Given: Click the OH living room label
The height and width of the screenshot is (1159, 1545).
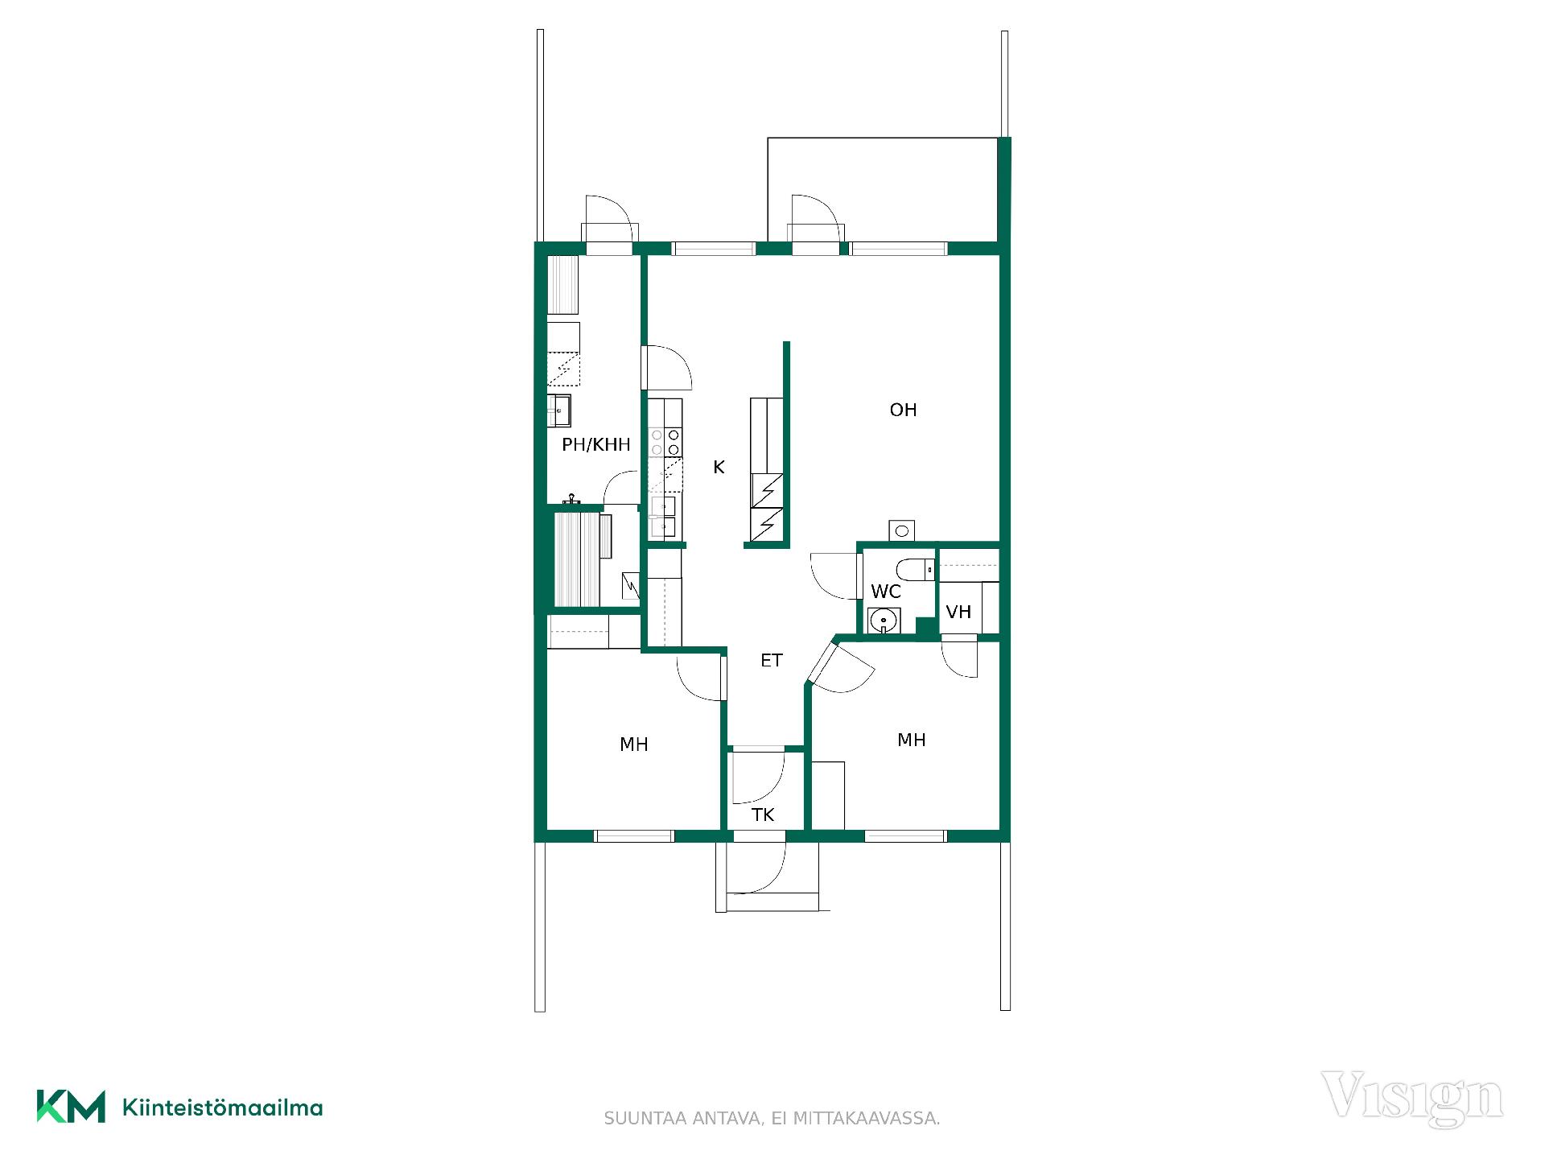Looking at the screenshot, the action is [x=903, y=410].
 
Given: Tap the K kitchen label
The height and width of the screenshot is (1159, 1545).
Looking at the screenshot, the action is [x=719, y=467].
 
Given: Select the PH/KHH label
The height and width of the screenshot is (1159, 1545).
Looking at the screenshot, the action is [x=595, y=444].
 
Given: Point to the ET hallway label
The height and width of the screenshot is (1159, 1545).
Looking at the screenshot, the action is [x=771, y=661].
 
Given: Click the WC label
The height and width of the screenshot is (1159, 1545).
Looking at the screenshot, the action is [x=885, y=592].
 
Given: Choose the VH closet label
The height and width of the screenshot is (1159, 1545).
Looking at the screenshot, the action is [x=958, y=612].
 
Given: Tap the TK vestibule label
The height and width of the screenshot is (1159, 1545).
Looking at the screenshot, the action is [x=763, y=815].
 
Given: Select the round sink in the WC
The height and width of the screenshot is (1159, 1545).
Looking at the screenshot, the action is [x=884, y=621].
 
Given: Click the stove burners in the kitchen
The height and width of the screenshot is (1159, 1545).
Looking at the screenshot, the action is [x=665, y=442].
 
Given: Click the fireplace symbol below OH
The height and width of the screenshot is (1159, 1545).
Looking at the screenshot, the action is [x=902, y=530].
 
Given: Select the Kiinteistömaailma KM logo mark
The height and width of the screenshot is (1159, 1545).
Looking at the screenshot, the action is [x=71, y=1107].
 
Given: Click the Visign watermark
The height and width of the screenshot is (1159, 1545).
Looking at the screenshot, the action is [x=1412, y=1099].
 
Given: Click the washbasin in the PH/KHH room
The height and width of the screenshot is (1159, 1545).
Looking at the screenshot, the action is [x=559, y=410].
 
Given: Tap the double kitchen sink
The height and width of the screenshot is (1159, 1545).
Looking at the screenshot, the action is [x=663, y=517].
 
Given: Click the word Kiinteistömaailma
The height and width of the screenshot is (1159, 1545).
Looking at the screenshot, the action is [x=222, y=1107].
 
